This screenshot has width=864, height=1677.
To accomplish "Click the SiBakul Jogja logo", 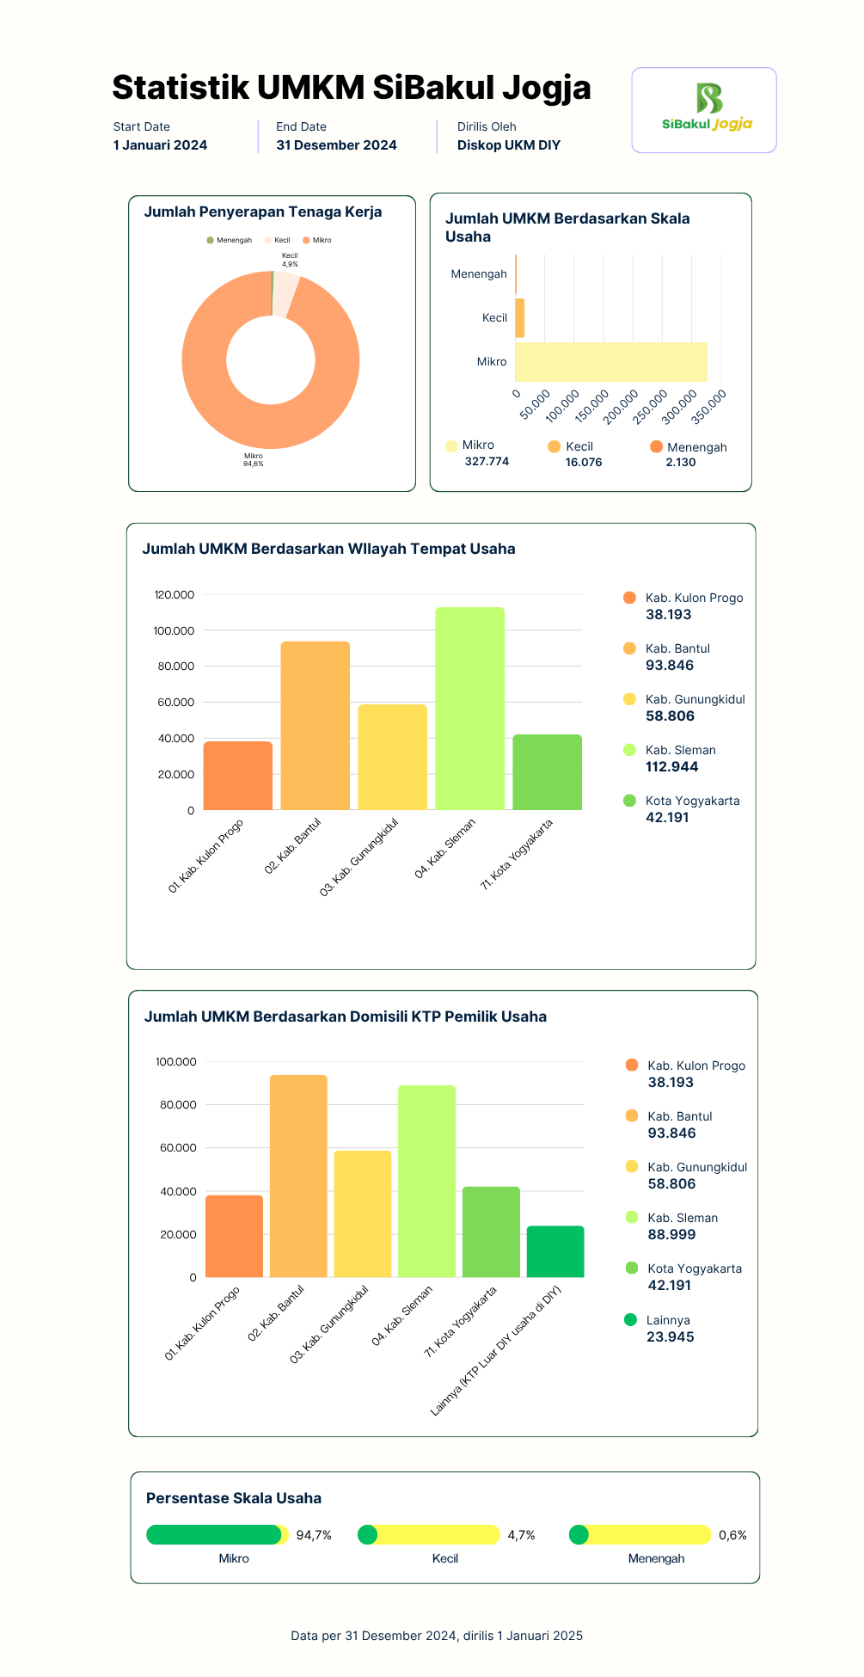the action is click(x=707, y=107).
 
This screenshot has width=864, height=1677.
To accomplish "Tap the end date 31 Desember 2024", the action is click(x=336, y=145).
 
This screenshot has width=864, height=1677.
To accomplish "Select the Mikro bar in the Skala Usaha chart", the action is click(x=611, y=362).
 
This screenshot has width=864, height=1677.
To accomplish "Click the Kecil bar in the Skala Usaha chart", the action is click(x=519, y=318).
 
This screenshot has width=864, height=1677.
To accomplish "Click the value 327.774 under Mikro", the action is click(x=487, y=462).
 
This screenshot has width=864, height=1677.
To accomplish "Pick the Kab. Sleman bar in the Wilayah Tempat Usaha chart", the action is click(x=469, y=709).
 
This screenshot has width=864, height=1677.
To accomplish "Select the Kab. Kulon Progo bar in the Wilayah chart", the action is click(x=238, y=776).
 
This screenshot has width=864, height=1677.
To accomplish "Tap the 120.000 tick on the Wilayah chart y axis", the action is click(x=175, y=595).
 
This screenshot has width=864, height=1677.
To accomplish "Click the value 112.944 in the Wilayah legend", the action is click(x=672, y=767).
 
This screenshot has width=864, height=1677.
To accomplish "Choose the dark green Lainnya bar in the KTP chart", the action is click(x=555, y=1251).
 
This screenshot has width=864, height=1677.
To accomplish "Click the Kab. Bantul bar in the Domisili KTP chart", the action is click(x=298, y=1176).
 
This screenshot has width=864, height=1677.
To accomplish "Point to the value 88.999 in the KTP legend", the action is click(x=672, y=1235).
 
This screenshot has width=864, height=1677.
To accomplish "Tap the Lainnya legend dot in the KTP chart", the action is click(x=630, y=1319).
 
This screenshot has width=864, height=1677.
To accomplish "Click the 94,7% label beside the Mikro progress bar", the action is click(x=314, y=1535).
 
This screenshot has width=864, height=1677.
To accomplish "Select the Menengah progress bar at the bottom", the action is click(x=640, y=1535).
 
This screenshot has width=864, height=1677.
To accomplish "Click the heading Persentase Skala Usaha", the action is click(x=234, y=1498).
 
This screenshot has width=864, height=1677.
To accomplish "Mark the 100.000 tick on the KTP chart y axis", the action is click(x=176, y=1062).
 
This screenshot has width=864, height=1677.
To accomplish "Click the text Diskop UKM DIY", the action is click(x=509, y=145).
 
